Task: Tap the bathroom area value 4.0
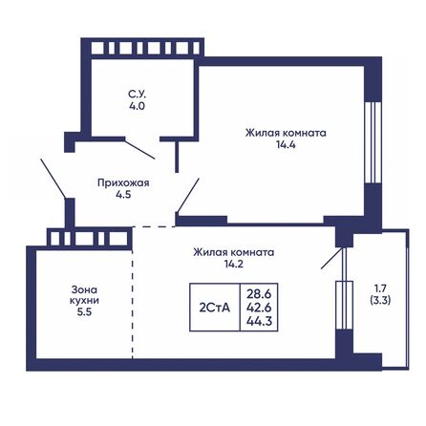point(138,106)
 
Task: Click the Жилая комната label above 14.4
point(285,134)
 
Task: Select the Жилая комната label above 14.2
point(234,252)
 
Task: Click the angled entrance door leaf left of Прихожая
point(53,179)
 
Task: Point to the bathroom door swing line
point(141,148)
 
